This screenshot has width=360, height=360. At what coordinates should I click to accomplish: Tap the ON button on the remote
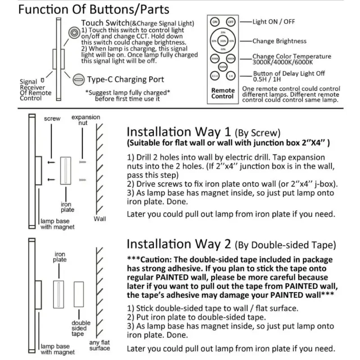215,22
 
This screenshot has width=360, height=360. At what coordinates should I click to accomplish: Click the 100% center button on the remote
223,40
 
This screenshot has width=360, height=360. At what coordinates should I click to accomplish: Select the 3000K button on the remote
215,58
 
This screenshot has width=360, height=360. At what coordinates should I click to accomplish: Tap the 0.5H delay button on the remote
215,76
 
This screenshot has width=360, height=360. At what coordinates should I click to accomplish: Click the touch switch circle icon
73,32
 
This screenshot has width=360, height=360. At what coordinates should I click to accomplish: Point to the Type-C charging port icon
78,80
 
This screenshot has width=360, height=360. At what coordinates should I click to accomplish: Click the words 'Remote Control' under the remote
223,93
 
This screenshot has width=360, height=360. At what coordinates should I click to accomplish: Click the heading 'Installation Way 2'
179,244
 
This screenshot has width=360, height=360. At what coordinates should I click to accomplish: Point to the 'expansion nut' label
86,120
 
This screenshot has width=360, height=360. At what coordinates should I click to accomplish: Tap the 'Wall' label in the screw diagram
99,219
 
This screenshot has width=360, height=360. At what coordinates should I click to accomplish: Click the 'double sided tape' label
81,328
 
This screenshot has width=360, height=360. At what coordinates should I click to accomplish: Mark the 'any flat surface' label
99,345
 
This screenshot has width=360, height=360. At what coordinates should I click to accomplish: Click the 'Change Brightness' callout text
279,41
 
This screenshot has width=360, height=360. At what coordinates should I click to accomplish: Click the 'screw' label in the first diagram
52,119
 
